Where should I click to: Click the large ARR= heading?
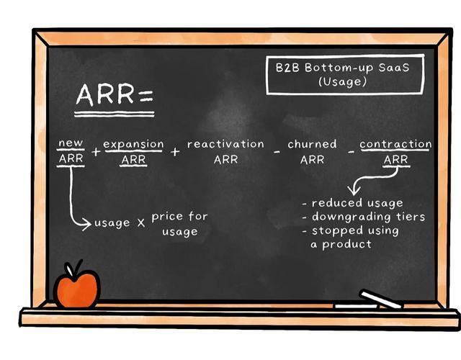[115, 94]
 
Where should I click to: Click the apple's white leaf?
[70, 269]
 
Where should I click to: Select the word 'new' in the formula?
[71, 143]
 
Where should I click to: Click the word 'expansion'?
[133, 144]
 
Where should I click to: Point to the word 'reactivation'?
[225, 144]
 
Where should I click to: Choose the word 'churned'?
[312, 144]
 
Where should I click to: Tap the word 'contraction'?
[395, 144]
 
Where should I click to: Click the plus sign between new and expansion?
[96, 152]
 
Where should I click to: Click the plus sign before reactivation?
[175, 152]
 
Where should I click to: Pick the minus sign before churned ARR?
[277, 152]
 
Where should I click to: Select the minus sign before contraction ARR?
[351, 152]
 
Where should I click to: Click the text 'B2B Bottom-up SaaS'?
[343, 68]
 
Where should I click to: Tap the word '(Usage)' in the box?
[343, 81]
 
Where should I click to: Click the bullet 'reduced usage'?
[353, 203]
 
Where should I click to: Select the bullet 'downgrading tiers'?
[364, 217]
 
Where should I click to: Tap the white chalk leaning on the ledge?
[381, 299]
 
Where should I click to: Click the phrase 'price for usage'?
[179, 224]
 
